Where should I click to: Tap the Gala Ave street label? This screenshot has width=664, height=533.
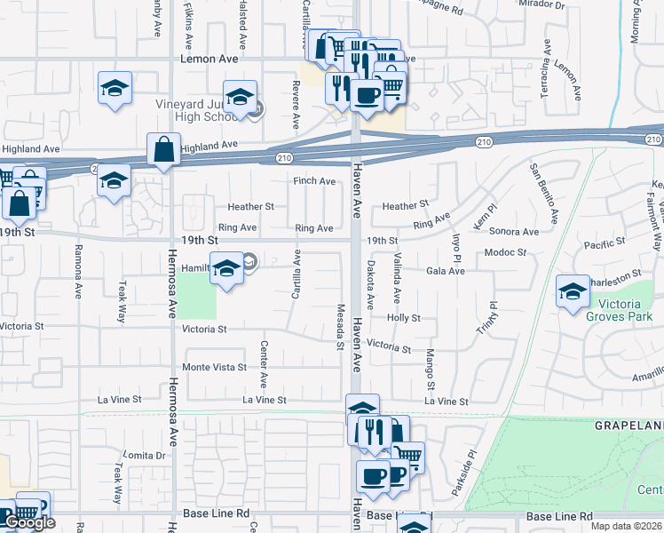(446, 271)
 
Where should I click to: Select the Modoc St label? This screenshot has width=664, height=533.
(506, 252)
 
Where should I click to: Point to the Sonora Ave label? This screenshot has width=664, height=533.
(514, 232)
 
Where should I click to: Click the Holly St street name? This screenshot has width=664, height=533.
(403, 317)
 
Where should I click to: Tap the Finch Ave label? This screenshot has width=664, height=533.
(315, 181)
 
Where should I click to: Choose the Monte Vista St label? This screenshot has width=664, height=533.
(214, 367)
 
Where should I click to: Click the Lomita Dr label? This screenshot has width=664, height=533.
(146, 455)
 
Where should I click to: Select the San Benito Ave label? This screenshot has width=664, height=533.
(543, 193)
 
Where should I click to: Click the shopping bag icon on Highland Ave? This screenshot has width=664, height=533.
(165, 150)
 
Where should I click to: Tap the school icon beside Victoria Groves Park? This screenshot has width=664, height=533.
(573, 291)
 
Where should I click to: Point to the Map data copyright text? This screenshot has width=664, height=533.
(627, 526)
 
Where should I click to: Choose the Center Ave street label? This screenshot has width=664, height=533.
(264, 364)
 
